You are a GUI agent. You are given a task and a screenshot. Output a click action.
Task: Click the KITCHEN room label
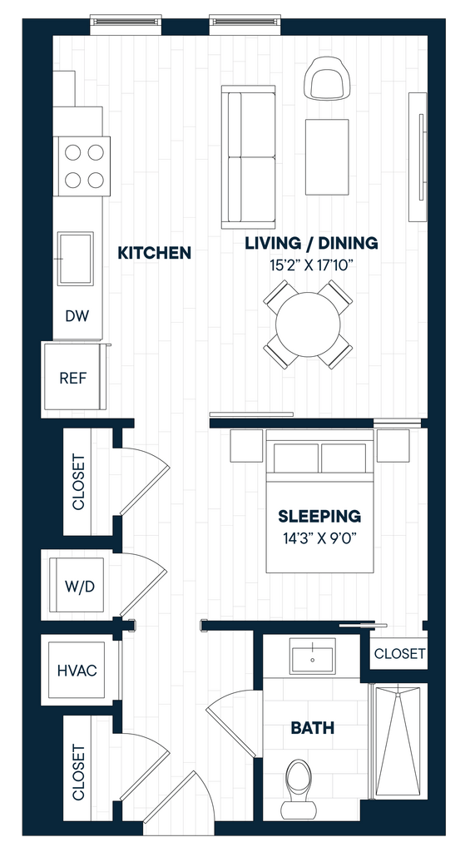[x=154, y=253]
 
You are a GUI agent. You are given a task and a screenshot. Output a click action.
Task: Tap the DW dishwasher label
[x=77, y=315]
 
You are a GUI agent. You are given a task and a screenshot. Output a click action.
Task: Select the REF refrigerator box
[x=73, y=377]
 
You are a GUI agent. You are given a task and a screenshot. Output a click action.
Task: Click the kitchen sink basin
[x=76, y=258]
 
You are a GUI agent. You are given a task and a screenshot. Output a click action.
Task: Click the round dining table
[x=308, y=324]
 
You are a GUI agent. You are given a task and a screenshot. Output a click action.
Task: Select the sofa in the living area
[x=248, y=156]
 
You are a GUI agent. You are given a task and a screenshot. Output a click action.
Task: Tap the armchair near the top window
[x=327, y=78]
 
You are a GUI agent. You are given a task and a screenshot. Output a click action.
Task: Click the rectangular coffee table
[x=326, y=157]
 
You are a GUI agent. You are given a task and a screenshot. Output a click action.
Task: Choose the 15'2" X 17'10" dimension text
[x=311, y=265]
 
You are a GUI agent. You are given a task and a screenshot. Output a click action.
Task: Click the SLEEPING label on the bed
[x=319, y=515]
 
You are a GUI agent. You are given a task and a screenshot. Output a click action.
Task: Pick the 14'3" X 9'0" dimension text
[x=319, y=538]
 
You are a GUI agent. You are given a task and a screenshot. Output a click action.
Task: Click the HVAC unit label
[x=77, y=670]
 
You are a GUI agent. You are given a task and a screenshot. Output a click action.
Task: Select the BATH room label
[x=312, y=727]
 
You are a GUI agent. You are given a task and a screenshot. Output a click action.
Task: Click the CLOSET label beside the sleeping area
[x=399, y=653]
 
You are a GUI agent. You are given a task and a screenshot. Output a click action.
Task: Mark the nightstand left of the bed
[x=246, y=445]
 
